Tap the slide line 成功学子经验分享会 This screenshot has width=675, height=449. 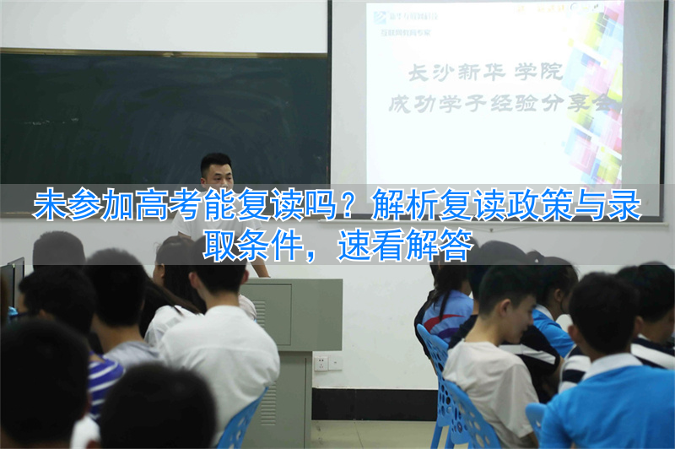pos(498,105)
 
